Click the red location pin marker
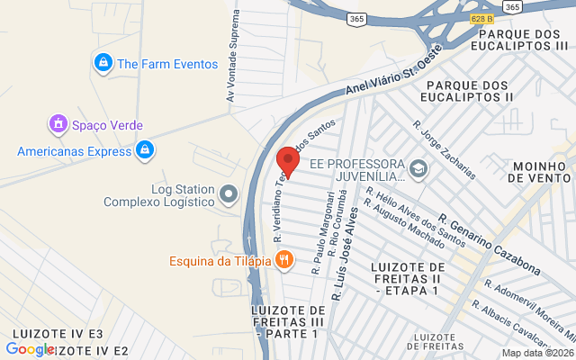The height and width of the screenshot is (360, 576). [x=288, y=160]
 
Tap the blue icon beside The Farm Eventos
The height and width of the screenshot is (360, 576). [x=103, y=63]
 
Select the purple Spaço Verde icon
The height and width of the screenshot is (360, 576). [x=58, y=123]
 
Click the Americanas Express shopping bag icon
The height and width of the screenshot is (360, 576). [x=144, y=150]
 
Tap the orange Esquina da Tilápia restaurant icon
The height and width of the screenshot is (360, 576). [x=284, y=260]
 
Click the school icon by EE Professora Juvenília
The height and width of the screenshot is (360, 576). [x=418, y=168]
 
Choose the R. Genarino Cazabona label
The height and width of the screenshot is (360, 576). [x=490, y=243]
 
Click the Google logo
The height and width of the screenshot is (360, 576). [x=30, y=349]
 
